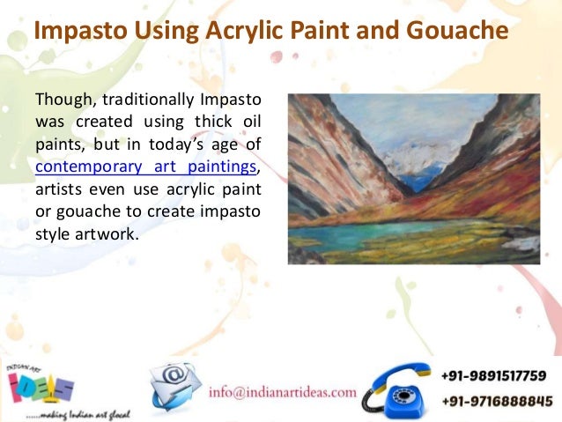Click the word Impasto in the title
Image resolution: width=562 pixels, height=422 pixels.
tap(75, 33)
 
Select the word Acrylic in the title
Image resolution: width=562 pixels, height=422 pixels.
tap(245, 33)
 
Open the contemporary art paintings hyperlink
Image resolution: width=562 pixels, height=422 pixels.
tap(147, 165)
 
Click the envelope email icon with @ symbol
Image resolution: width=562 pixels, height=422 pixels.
tap(174, 386)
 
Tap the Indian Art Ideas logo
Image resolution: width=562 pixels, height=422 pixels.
tap(41, 380)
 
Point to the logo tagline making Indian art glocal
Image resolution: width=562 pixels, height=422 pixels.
tap(63, 411)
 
